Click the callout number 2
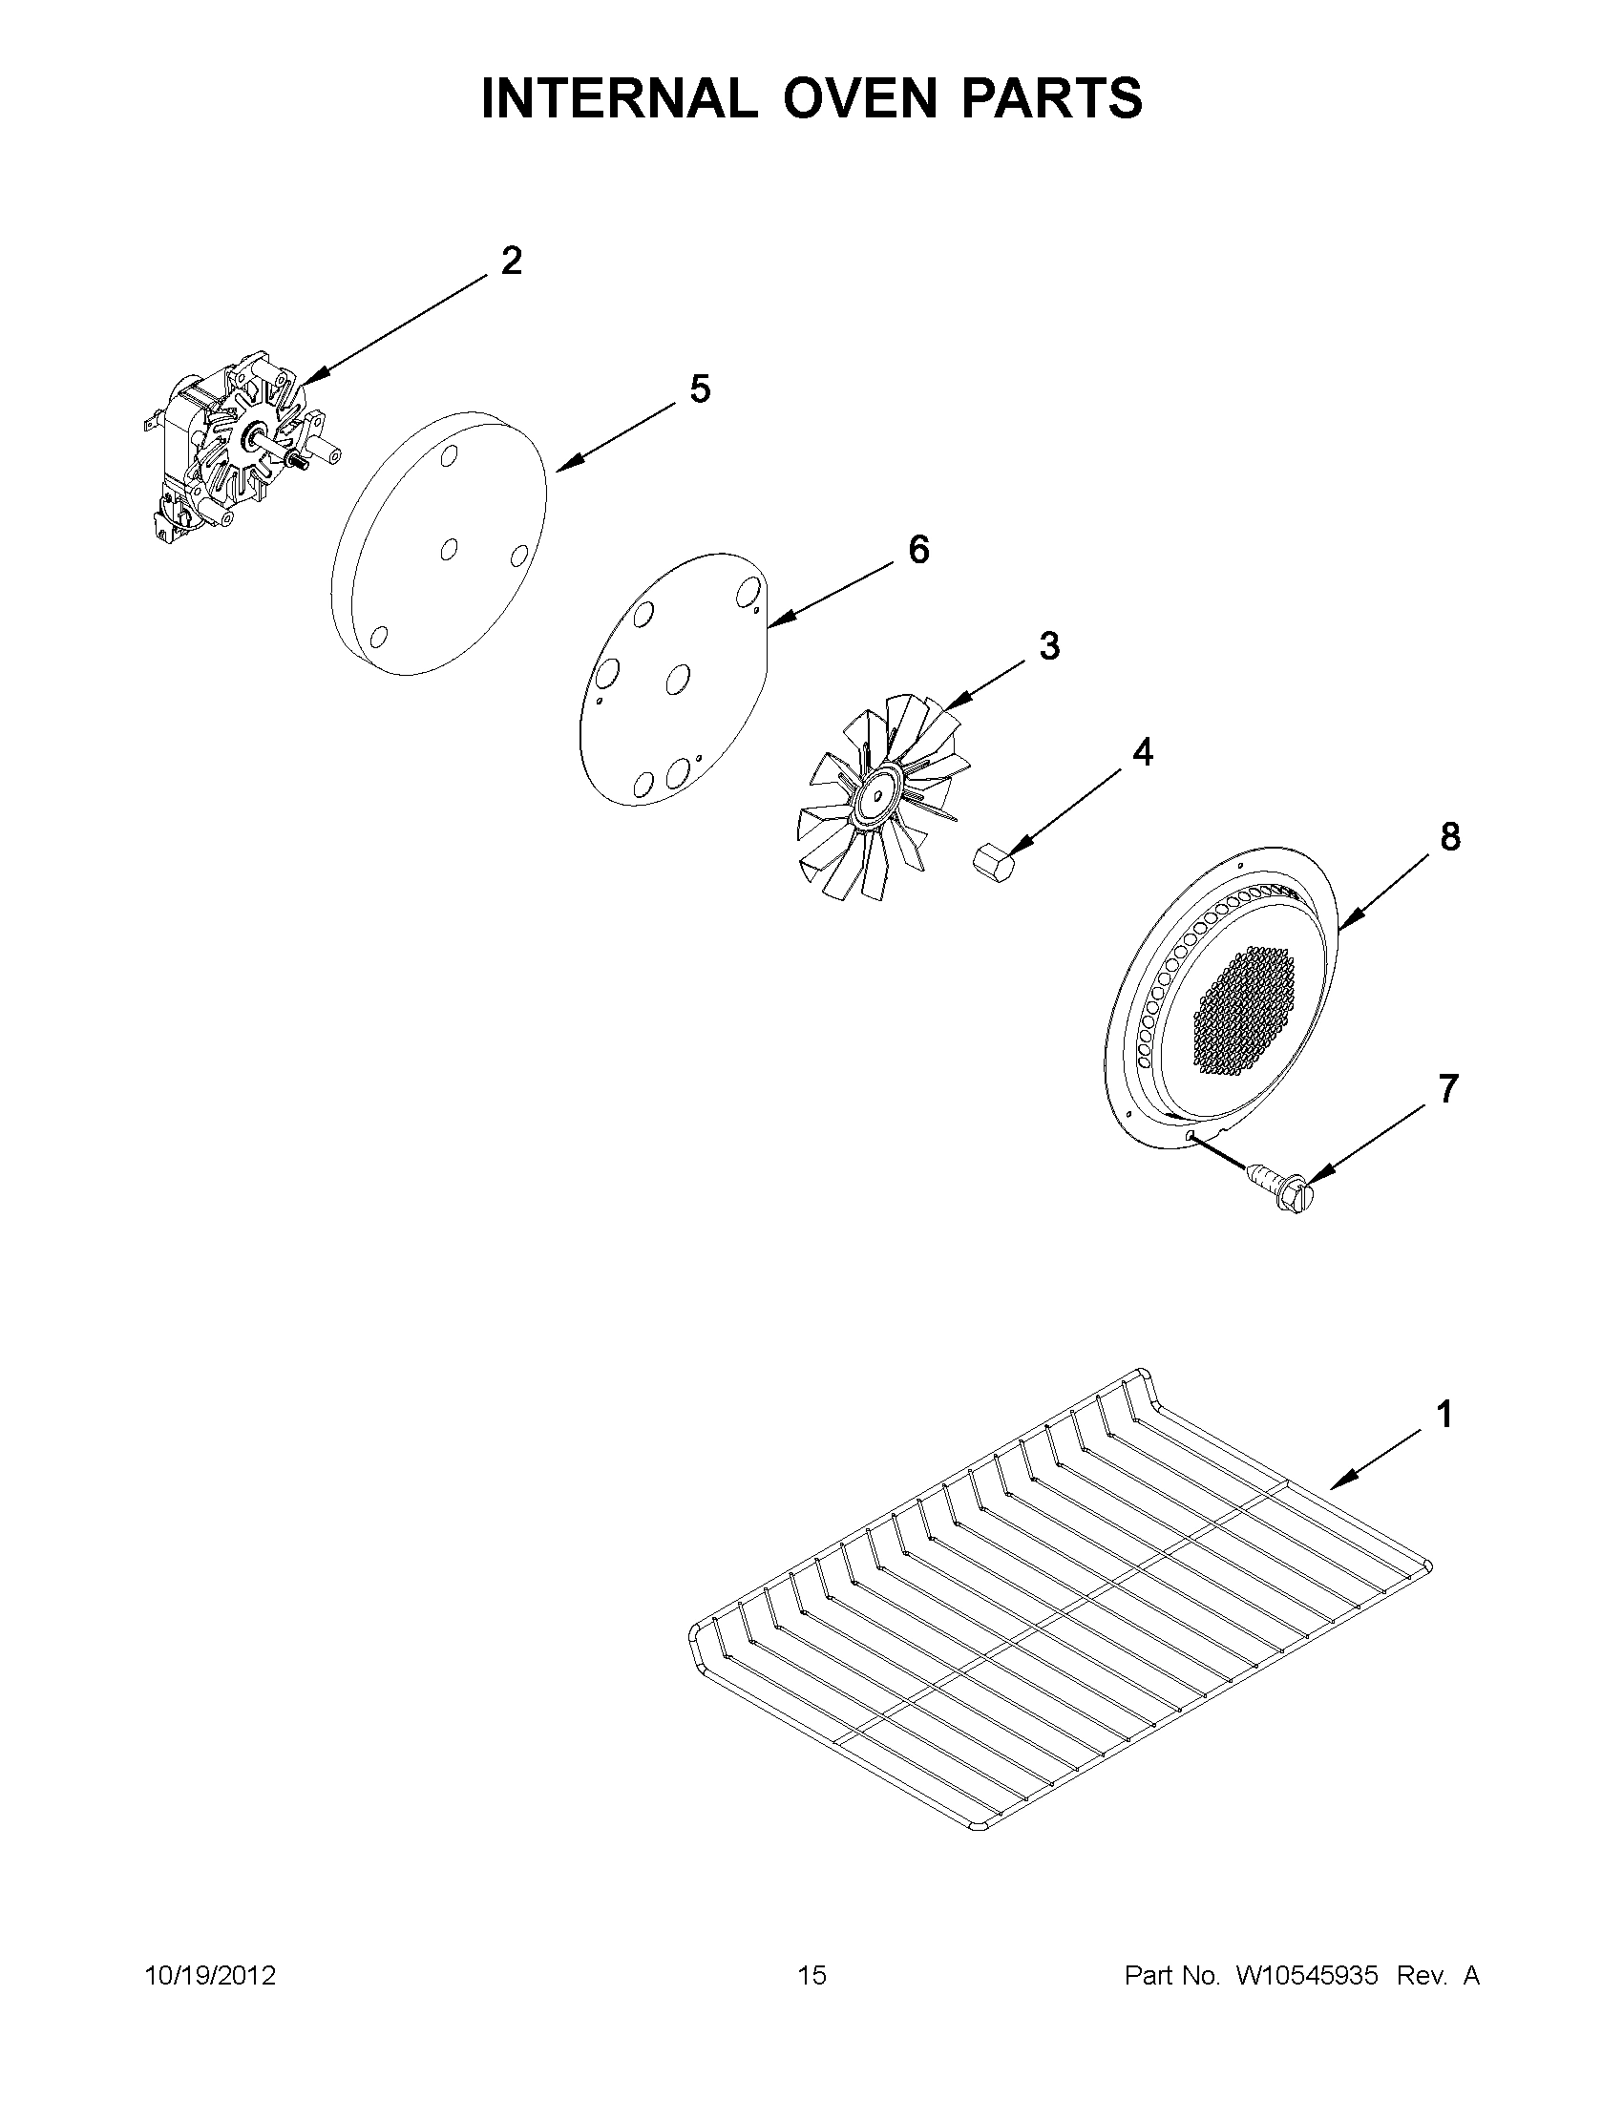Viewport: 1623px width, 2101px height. tap(511, 261)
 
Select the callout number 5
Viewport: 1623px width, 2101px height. tap(700, 389)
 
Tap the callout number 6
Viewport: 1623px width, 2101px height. tap(918, 550)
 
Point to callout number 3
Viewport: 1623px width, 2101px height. tap(1048, 645)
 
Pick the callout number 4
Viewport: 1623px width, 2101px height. tap(1142, 752)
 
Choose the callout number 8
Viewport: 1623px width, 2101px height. tap(1450, 837)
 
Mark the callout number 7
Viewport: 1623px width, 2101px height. tap(1448, 1089)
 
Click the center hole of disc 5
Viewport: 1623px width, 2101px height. tap(449, 549)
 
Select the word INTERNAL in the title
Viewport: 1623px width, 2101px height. tap(619, 98)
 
